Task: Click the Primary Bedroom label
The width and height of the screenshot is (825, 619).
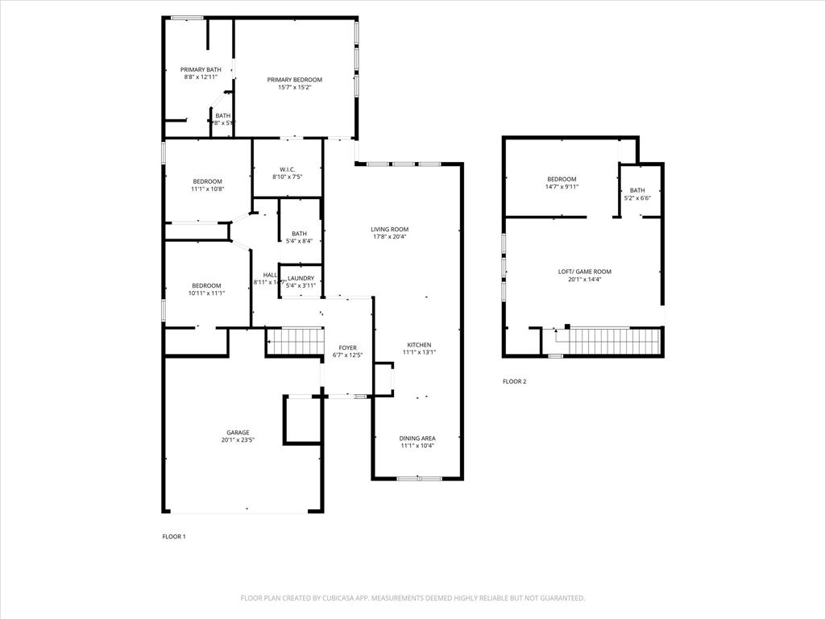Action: [295, 80]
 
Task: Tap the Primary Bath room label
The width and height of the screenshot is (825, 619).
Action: [201, 70]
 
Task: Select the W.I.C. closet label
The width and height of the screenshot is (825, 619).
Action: [288, 169]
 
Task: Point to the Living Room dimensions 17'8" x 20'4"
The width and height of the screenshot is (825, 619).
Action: [390, 237]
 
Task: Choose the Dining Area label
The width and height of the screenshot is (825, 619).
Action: [417, 438]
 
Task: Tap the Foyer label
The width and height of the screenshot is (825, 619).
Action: [347, 348]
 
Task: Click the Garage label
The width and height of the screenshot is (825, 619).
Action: [237, 433]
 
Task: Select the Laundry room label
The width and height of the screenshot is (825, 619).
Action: [301, 278]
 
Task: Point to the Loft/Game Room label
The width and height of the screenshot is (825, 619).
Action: [584, 272]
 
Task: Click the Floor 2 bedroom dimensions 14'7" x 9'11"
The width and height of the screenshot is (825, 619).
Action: [562, 186]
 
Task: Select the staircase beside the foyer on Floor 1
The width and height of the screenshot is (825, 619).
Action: [295, 341]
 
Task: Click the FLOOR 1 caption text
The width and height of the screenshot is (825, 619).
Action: [174, 537]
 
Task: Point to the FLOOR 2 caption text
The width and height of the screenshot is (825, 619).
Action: [514, 382]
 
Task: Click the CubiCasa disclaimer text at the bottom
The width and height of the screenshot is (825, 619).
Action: [412, 598]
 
